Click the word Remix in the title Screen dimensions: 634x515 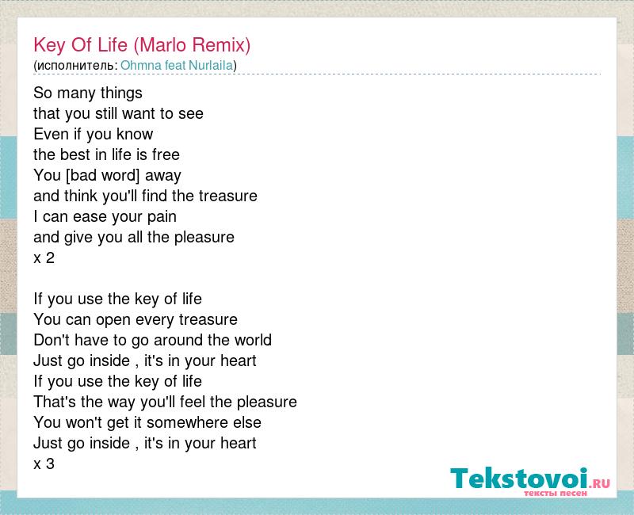click(221, 45)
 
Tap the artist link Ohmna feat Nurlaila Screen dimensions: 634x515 click(177, 66)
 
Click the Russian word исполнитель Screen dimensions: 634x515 click(75, 66)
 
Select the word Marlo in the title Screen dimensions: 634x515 click(160, 45)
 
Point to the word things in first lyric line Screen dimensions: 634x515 click(121, 93)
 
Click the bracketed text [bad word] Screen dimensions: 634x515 click(103, 175)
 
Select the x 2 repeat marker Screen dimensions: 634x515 click(44, 258)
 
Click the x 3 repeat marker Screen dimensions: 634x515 click(44, 463)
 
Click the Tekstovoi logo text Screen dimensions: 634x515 click(519, 479)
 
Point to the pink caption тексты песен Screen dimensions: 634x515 click(556, 493)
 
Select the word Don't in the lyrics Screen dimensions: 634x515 click(52, 340)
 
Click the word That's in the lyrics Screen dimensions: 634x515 click(55, 402)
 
